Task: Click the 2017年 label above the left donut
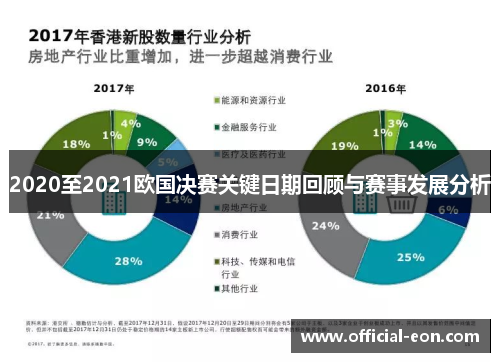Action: click(x=114, y=89)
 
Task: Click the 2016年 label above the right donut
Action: click(x=385, y=89)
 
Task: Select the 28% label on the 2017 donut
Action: click(x=129, y=261)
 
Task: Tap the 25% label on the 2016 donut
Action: click(x=411, y=258)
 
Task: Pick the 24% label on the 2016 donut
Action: click(x=325, y=226)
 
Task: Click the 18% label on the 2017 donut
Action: click(x=76, y=144)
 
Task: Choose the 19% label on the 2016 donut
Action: click(x=344, y=146)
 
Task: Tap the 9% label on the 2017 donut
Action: click(x=147, y=142)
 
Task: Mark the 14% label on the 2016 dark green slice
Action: click(x=423, y=145)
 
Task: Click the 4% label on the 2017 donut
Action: click(x=127, y=124)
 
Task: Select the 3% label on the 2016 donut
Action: click(x=397, y=123)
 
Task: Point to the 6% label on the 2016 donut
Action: click(x=447, y=209)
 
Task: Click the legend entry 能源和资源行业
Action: click(x=255, y=101)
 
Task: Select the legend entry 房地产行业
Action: click(x=247, y=207)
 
